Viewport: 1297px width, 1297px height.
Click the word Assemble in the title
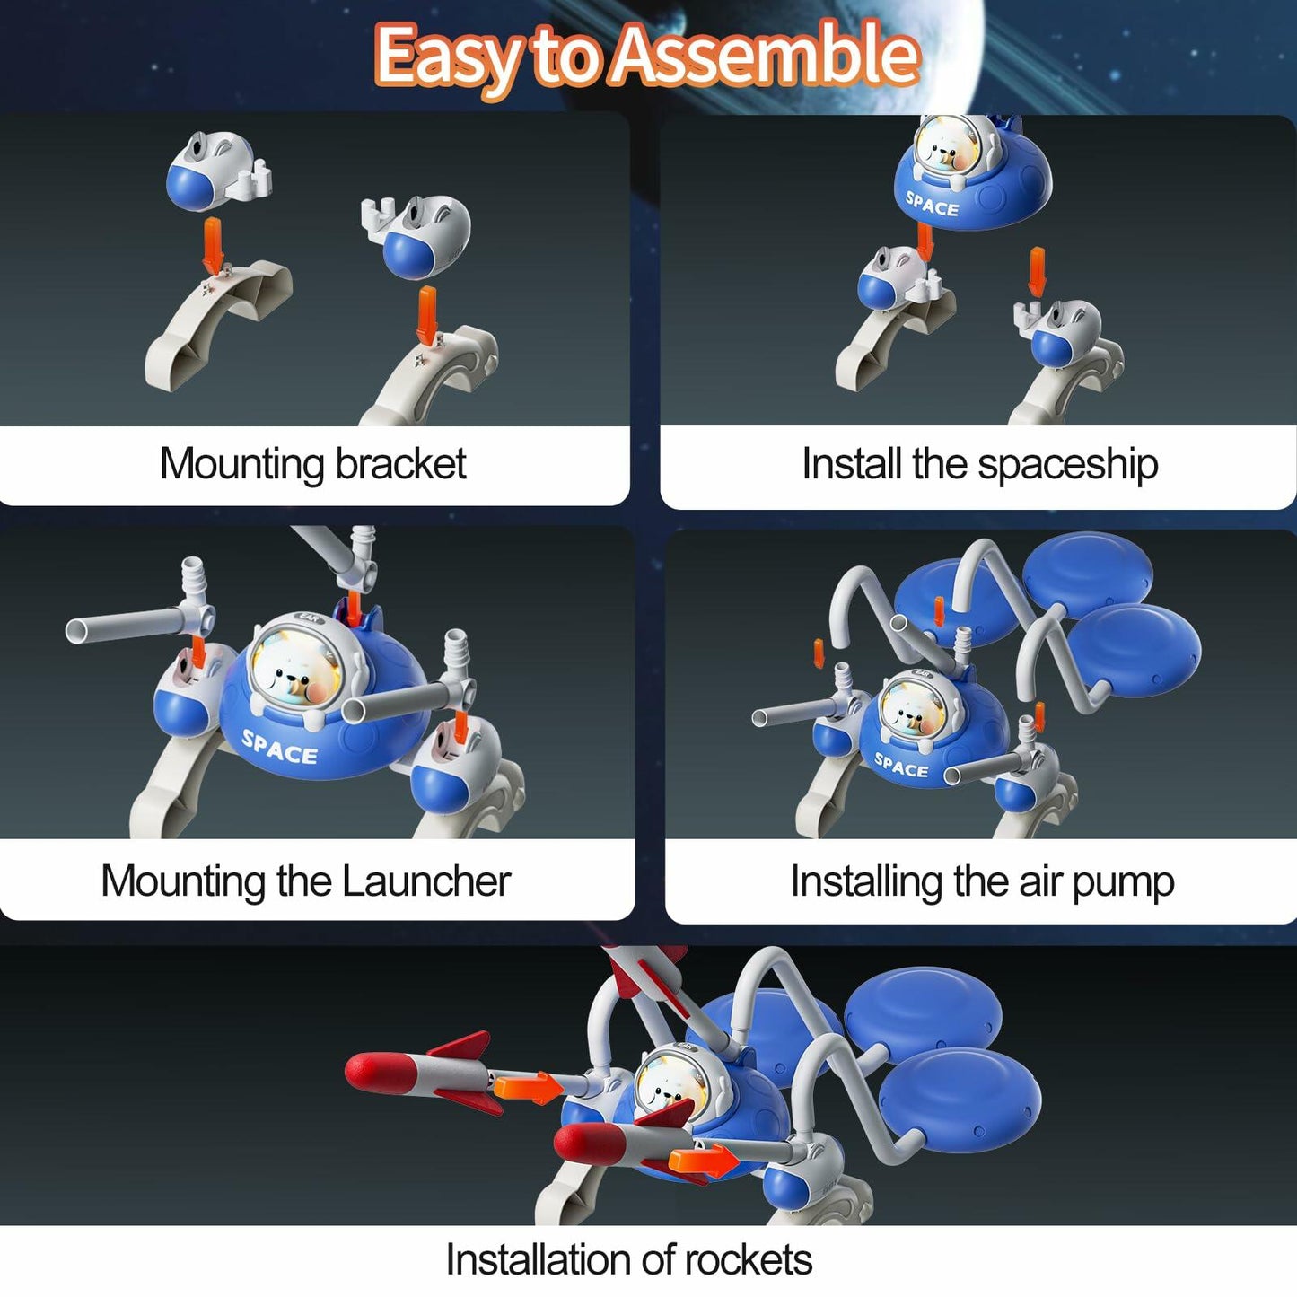tap(766, 56)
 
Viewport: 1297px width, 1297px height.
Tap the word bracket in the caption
tap(400, 464)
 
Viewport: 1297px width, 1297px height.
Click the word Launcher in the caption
tap(425, 881)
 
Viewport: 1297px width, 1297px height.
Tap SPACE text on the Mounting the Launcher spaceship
tap(279, 747)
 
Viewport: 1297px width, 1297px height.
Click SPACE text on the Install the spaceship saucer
tap(932, 205)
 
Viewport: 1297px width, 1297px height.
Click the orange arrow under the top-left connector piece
tap(213, 244)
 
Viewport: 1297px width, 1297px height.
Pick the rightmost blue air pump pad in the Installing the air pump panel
tap(1135, 646)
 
